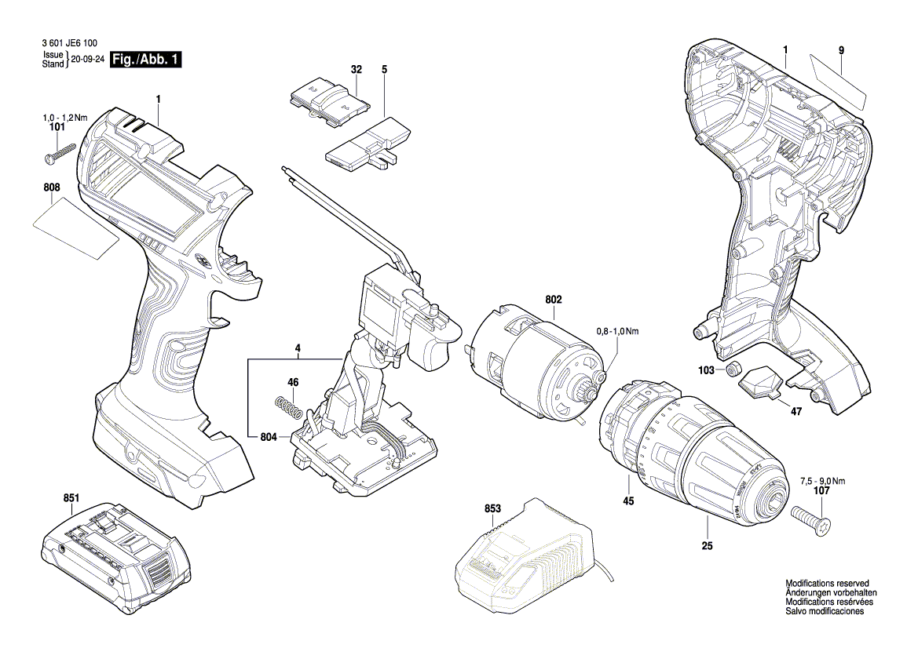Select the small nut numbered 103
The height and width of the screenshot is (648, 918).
pyautogui.click(x=733, y=370)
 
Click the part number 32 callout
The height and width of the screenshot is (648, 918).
pyautogui.click(x=357, y=70)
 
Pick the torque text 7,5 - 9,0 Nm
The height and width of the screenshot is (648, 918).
pyautogui.click(x=823, y=481)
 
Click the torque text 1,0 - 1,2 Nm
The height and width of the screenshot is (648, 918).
pyautogui.click(x=64, y=118)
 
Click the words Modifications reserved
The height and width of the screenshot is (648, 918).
pyautogui.click(x=827, y=584)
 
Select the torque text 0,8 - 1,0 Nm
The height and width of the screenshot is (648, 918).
pyautogui.click(x=617, y=332)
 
